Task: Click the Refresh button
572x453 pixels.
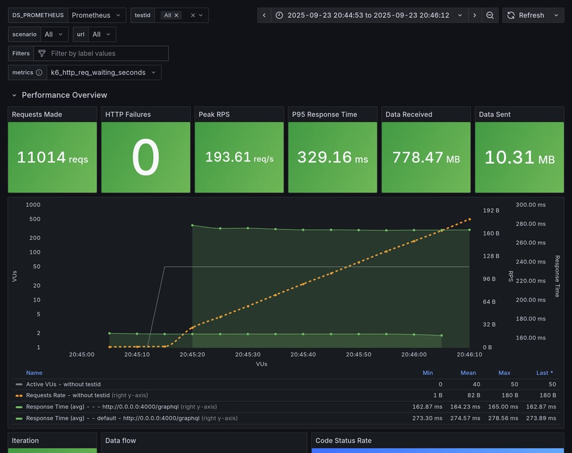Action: pyautogui.click(x=525, y=15)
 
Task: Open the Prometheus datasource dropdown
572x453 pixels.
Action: pyautogui.click(x=97, y=15)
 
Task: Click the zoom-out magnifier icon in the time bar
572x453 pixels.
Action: pyautogui.click(x=490, y=15)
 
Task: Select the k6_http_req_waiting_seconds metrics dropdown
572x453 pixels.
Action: pyautogui.click(x=103, y=73)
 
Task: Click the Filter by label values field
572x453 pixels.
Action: pyautogui.click(x=101, y=54)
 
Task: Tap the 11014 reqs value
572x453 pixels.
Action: pyautogui.click(x=52, y=157)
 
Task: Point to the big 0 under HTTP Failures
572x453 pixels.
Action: pyautogui.click(x=146, y=158)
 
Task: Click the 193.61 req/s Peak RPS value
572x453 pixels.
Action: pyautogui.click(x=239, y=157)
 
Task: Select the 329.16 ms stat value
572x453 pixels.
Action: pyautogui.click(x=333, y=157)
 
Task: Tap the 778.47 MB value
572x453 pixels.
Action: pyautogui.click(x=426, y=157)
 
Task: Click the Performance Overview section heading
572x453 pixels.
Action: pyautogui.click(x=64, y=95)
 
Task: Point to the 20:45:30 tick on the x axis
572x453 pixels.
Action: pyautogui.click(x=248, y=354)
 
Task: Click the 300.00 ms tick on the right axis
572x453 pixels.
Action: pyautogui.click(x=530, y=205)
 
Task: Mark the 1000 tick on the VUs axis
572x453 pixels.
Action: pyautogui.click(x=33, y=205)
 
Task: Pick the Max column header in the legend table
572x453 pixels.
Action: pyautogui.click(x=504, y=373)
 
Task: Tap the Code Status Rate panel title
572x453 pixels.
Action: pyautogui.click(x=343, y=441)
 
